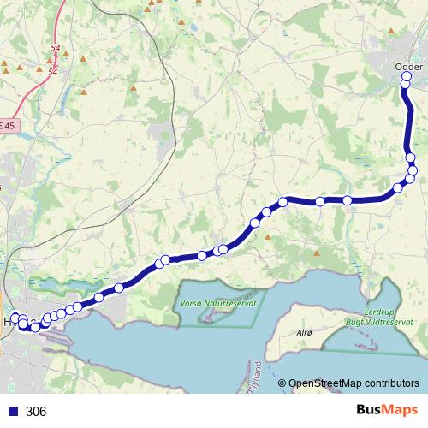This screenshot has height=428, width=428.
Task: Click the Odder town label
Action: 408,66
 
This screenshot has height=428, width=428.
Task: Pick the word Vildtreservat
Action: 389,323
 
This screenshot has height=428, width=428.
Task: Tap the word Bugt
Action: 354,323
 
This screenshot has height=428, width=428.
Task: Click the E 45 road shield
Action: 8,125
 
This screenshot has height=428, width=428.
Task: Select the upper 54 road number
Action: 56,49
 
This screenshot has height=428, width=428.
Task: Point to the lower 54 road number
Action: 53,72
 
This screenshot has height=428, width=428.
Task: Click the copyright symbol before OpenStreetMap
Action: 282,383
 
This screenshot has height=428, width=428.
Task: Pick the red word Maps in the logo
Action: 401,411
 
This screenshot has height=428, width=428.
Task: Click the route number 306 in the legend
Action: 36,412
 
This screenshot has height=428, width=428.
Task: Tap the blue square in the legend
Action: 13,412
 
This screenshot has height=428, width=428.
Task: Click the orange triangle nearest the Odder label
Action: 395,29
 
